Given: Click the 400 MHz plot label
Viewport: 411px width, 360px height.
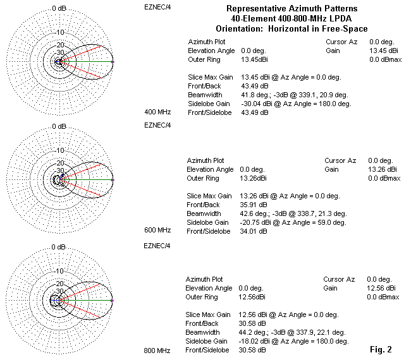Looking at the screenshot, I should point(157,111).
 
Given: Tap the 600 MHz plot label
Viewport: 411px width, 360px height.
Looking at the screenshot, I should point(157,230).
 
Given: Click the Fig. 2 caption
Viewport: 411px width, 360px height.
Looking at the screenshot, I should point(381,349).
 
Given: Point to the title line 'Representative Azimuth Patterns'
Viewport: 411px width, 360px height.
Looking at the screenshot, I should point(291,9).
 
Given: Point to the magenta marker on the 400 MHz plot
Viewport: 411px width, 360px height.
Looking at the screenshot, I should point(113,61).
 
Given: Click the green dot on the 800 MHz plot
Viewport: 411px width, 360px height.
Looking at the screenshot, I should point(112,301).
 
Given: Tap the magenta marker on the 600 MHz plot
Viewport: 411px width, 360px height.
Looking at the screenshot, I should point(113,181).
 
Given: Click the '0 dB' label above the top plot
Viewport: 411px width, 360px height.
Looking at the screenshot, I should point(59,8).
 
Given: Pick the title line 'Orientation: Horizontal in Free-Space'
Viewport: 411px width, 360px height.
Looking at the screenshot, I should point(291,29).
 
